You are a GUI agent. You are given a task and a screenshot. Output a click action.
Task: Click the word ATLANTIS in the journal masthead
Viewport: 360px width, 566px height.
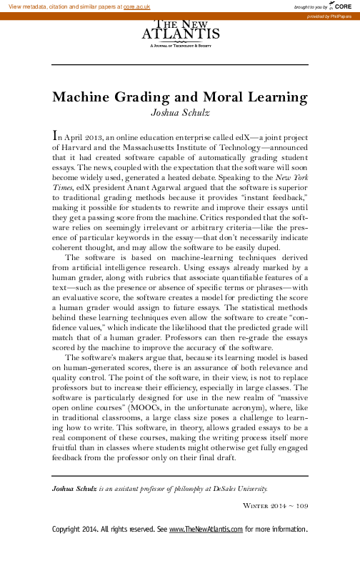tap(179, 33)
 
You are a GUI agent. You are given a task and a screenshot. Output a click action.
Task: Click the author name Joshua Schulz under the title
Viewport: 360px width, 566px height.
tap(180, 111)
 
